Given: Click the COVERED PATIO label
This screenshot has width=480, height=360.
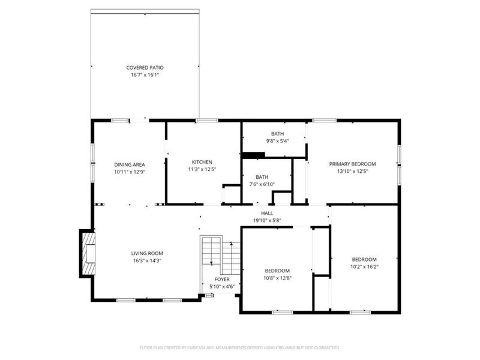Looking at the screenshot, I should [145, 68].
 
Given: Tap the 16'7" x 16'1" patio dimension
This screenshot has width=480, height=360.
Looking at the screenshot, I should [145, 75].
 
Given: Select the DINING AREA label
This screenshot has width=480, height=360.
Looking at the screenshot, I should [130, 164].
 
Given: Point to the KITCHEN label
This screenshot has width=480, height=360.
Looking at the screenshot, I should [202, 162].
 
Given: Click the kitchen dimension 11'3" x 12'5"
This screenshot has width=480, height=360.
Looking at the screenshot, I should [202, 170].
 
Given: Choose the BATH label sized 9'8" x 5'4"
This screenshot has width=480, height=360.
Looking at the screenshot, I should [277, 134].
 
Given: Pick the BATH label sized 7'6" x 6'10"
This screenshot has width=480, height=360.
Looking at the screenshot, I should [262, 177].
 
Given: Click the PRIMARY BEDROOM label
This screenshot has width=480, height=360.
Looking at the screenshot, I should [352, 164].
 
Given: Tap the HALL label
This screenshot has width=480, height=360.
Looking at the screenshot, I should [267, 213].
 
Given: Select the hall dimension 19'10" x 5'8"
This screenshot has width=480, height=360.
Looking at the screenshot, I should [267, 220].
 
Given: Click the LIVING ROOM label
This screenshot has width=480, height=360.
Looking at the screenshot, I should [147, 253].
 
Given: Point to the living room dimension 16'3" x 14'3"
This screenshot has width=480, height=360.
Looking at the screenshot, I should [147, 260].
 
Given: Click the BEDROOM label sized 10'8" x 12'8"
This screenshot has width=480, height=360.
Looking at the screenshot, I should [277, 271].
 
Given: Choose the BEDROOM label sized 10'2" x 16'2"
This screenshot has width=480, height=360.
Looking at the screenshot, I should [364, 259].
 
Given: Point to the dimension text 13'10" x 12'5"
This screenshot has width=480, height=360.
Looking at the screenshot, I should [352, 171].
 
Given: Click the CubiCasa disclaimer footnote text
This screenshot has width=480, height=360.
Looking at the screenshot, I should [239, 347].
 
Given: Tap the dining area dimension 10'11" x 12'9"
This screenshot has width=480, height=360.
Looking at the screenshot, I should [130, 172].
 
